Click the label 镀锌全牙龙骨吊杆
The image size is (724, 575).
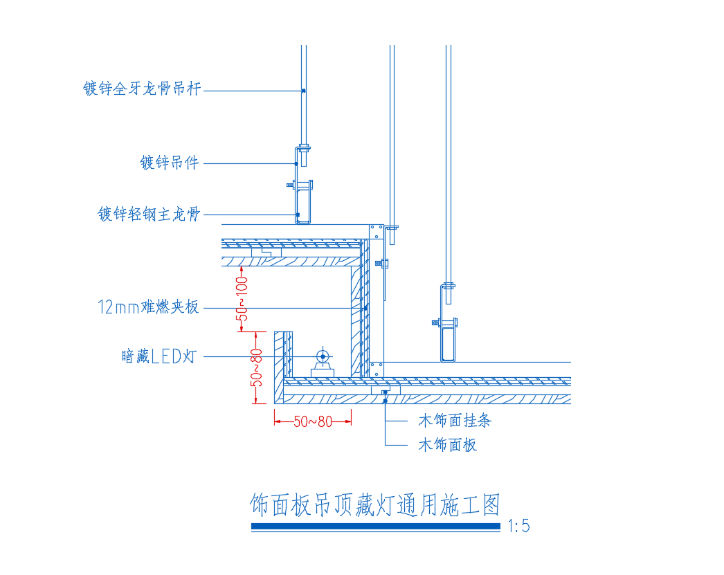coord(142,88)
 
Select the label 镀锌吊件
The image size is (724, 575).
coord(170,163)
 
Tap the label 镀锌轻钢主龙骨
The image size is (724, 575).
coord(149,214)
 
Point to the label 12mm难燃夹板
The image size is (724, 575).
coord(148,307)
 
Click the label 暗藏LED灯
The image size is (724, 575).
coord(159,356)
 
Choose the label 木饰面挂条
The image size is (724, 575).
coord(455,421)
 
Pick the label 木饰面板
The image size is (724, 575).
coord(447,445)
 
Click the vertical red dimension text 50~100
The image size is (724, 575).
coord(242,299)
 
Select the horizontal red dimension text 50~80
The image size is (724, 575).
coord(313,421)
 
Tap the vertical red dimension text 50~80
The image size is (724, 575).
coord(256,367)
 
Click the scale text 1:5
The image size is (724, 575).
coord(518,526)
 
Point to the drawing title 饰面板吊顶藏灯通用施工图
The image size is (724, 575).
coord(375,504)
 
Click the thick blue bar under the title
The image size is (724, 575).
coord(375,526)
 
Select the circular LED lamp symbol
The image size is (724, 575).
coord(323,356)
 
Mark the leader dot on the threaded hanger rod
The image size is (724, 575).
coord(303,91)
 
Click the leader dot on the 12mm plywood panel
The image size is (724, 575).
coord(365,308)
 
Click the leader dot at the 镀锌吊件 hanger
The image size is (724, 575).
coord(296,163)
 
